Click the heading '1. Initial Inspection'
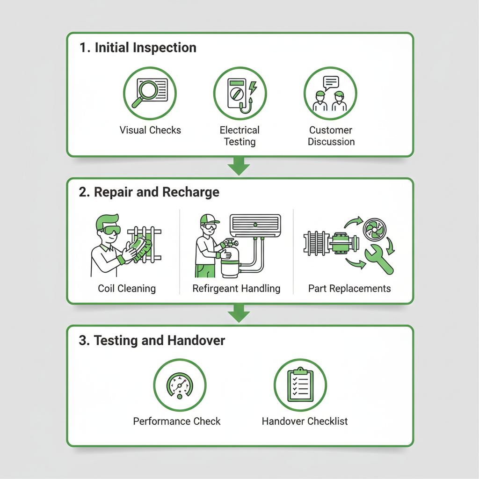pos(138,48)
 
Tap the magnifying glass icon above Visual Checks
pos(145,93)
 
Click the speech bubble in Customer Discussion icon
pos(331,83)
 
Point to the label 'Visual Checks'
pos(150,130)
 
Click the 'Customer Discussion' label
pos(331,136)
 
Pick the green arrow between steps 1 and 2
pos(239,166)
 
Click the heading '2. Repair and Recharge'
pos(149,192)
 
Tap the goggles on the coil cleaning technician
pos(111,230)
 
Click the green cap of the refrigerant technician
pos(209,219)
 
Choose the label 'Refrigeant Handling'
pos(236,289)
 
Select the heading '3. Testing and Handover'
pos(152,341)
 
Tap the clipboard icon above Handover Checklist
pos(300,385)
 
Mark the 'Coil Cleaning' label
pos(127,289)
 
